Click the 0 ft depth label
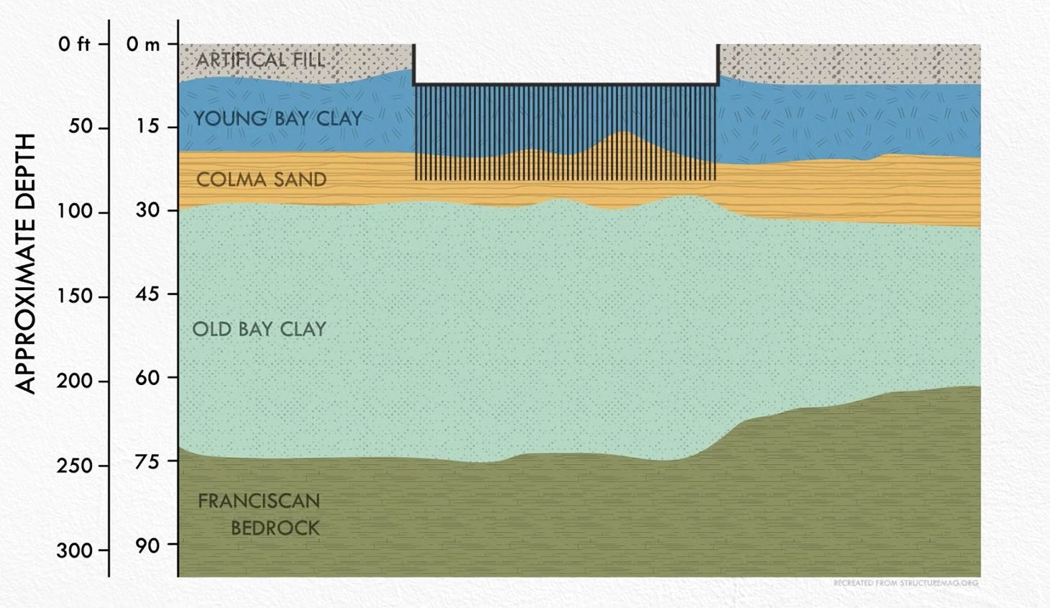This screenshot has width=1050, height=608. coord(75,45)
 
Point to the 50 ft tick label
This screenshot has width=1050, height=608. coord(75,127)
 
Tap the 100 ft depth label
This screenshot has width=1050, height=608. coord(75,212)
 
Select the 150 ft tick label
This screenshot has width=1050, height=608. coord(75,296)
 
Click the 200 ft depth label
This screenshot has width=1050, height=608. coord(75,381)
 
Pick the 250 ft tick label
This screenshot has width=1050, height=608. coord(75,466)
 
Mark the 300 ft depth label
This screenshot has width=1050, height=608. coord(75,550)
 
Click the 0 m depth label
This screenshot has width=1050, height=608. coord(143,45)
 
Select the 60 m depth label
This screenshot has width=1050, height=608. coord(147,377)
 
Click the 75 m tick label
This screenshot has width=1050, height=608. coord(147,460)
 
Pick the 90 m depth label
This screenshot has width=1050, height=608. coord(147,545)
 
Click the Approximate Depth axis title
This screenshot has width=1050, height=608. coord(26,263)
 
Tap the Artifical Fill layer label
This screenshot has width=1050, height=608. coord(260,60)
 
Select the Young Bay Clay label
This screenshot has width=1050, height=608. coord(278,118)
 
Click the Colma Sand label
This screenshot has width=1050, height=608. coord(261,179)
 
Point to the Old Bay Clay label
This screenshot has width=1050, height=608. coord(259,329)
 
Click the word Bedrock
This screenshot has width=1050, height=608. coord(275,527)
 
